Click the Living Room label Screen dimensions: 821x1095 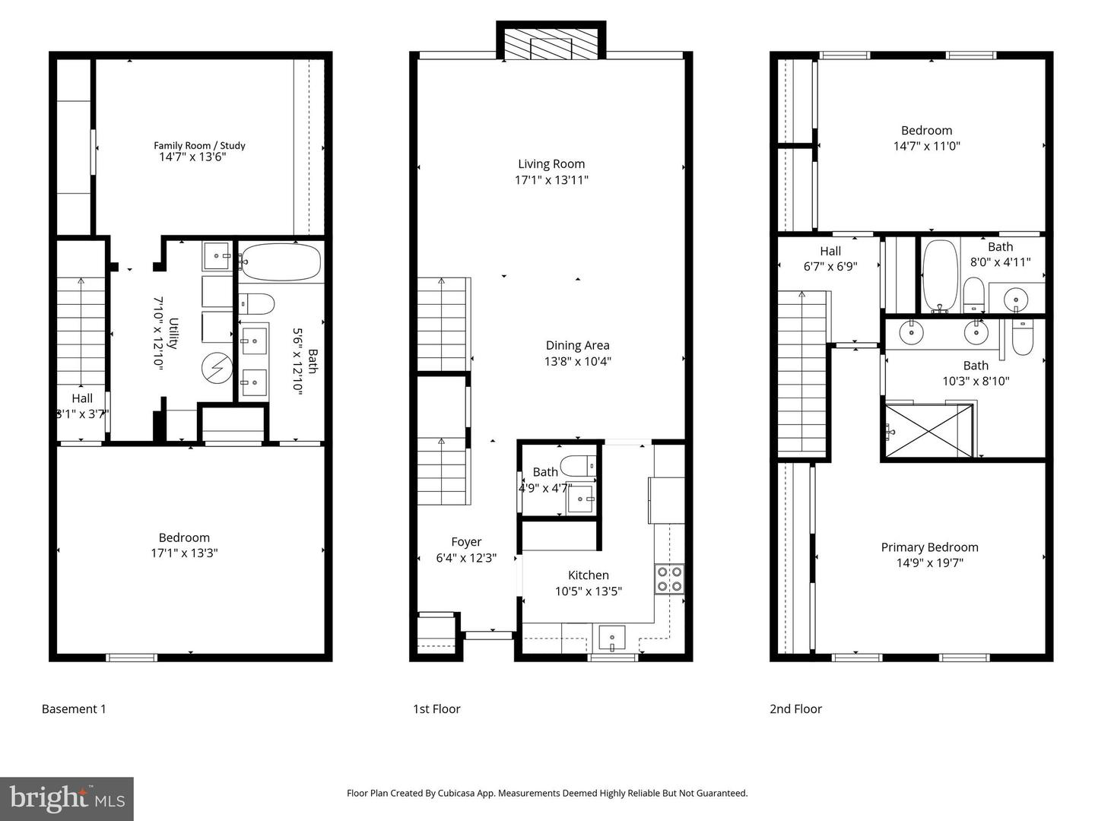click(x=551, y=164)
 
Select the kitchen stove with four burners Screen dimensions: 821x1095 click(x=669, y=579)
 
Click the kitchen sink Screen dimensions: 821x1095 click(x=611, y=638)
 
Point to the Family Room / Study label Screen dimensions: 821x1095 click(x=199, y=145)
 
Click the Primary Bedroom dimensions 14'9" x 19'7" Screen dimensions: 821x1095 click(x=929, y=563)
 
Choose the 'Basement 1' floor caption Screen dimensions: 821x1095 click(x=74, y=709)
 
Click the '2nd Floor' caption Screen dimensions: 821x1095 click(x=795, y=709)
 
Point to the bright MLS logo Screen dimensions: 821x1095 click(x=67, y=799)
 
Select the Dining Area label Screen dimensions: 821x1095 click(x=577, y=346)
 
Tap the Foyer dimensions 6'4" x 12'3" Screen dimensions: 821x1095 click(x=466, y=558)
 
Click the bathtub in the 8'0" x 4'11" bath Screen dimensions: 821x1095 click(x=941, y=275)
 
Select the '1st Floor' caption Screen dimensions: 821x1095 click(x=436, y=709)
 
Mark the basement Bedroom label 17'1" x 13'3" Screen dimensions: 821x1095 click(x=184, y=553)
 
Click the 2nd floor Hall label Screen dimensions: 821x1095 click(x=830, y=252)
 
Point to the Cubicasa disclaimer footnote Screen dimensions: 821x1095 click(x=547, y=793)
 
